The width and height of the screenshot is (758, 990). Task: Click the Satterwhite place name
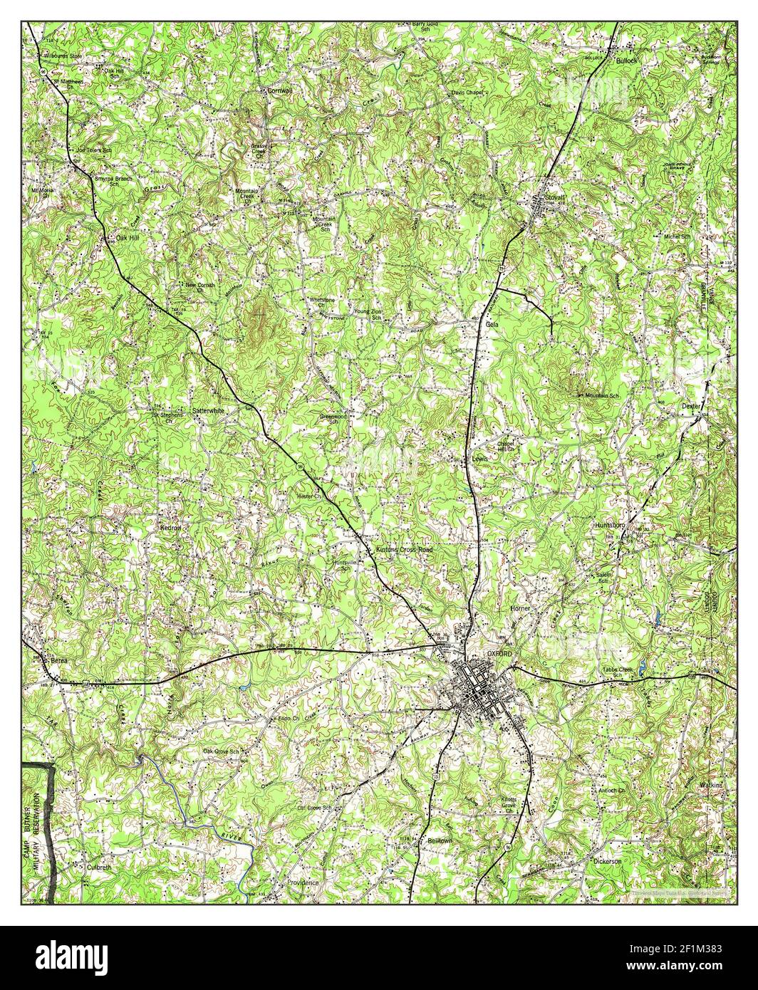click(209, 411)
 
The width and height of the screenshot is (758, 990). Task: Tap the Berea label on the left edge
click(61, 661)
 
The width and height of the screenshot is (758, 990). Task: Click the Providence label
click(303, 882)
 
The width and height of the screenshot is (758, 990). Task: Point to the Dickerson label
click(607, 861)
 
